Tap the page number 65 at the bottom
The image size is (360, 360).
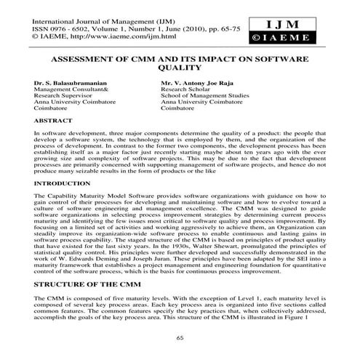pos(179,337)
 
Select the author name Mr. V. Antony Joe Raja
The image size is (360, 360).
pos(201,84)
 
